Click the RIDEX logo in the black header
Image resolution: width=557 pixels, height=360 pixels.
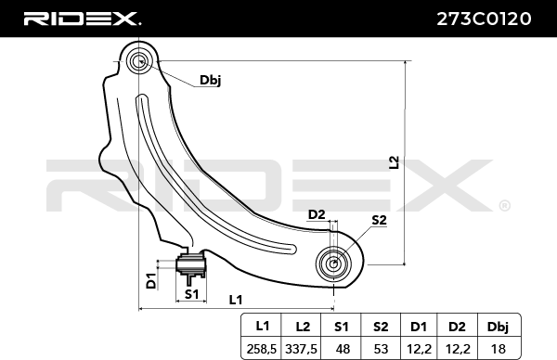[x=83, y=19]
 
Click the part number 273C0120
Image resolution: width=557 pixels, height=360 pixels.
[x=484, y=19]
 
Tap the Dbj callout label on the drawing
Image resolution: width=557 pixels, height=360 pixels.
[x=211, y=81]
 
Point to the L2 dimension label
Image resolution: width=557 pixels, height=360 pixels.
[x=395, y=162]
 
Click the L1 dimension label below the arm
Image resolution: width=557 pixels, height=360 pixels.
[x=236, y=300]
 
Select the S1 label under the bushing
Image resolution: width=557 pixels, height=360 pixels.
[x=191, y=294]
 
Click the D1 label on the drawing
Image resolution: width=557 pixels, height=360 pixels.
[x=151, y=280]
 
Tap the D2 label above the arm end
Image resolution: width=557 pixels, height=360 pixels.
[x=317, y=214]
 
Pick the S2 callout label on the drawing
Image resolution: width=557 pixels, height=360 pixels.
[x=379, y=220]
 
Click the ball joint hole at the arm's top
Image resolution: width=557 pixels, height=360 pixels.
[x=139, y=62]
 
